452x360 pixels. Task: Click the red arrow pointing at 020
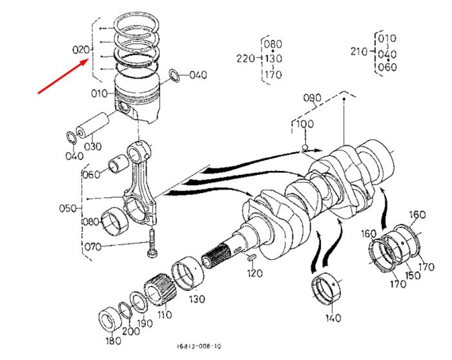63,76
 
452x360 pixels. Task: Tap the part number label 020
81,50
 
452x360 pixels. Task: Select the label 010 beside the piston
99,94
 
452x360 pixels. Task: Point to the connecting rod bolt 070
151,243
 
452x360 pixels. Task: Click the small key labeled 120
250,257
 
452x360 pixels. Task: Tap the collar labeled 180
109,320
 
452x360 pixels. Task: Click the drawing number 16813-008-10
199,346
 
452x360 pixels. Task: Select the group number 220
245,59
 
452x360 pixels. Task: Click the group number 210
359,52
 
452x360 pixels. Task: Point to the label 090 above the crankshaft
312,98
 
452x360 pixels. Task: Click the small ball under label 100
305,148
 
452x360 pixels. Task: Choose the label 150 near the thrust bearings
413,275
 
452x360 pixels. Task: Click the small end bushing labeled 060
118,165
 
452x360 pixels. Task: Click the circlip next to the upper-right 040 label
174,75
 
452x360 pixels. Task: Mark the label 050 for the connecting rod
68,208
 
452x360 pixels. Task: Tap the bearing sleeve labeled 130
188,272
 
